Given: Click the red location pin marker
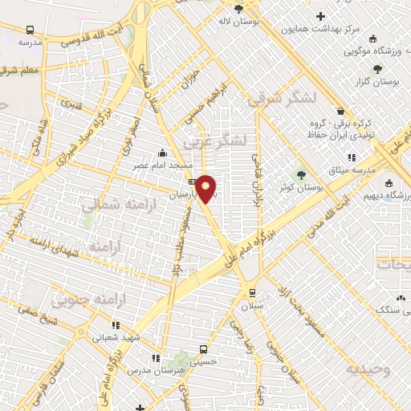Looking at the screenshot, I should click(206, 189).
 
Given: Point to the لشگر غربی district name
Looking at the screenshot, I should click(211, 141).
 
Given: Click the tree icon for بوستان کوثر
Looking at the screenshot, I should click(301, 174).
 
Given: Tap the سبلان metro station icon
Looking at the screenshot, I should click(253, 292).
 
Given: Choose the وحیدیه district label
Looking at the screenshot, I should click(368, 370).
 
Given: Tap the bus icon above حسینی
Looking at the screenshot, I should click(203, 350).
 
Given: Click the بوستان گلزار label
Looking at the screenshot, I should click(378, 82).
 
